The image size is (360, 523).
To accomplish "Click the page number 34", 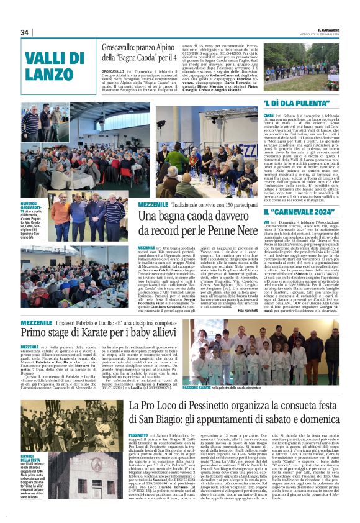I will tap(25, 32).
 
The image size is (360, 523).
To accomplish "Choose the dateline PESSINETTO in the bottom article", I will tap(140, 437).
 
